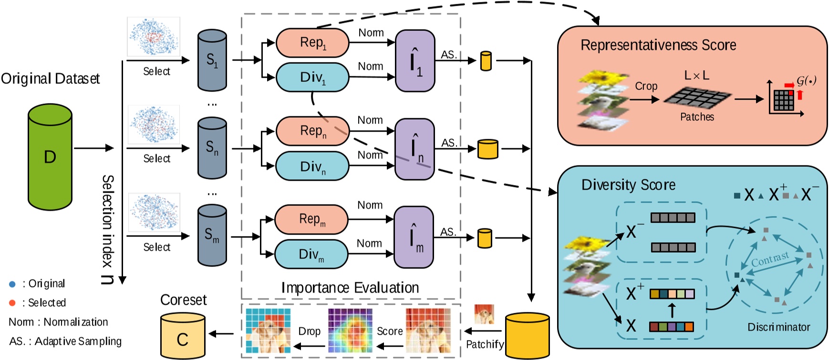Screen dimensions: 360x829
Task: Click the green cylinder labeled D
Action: tap(50, 157)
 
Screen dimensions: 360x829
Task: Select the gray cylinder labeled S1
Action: tap(212, 61)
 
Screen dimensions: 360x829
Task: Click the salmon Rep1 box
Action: tap(312, 43)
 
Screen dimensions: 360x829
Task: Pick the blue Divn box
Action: tap(312, 166)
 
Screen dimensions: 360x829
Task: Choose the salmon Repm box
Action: tap(312, 219)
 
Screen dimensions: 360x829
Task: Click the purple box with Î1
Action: tap(415, 61)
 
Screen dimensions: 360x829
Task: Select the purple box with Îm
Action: tap(414, 237)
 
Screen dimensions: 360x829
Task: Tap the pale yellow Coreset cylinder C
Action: tap(183, 336)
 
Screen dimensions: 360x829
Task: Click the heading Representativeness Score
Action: tap(658, 45)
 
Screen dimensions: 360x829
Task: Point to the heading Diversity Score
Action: tap(628, 185)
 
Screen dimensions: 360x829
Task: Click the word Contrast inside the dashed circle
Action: tap(770, 259)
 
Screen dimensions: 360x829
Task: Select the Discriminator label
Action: tap(778, 327)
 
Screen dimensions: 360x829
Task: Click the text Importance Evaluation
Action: tap(350, 288)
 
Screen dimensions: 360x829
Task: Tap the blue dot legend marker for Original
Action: tap(12, 284)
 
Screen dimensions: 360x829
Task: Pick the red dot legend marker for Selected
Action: tap(12, 303)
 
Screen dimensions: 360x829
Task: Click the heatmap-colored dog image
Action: tap(350, 330)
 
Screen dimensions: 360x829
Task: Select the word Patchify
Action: tap(485, 344)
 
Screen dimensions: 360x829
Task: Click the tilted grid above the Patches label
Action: tap(697, 97)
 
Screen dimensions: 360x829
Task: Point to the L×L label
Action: tap(696, 75)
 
